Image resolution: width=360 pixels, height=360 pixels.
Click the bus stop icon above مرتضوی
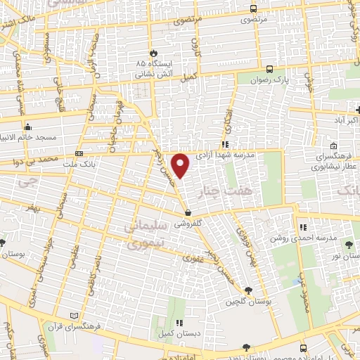[x=253, y=9]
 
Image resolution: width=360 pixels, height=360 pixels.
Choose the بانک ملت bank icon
[x=79, y=153]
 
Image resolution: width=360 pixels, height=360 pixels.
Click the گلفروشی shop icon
[x=188, y=212]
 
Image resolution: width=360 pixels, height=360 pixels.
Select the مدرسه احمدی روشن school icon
[x=304, y=227]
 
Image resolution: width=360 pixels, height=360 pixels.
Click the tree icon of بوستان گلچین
[x=247, y=291]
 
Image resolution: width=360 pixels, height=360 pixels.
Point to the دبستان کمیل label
[x=172, y=333]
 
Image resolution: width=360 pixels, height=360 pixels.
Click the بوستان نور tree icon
[x=349, y=244]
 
